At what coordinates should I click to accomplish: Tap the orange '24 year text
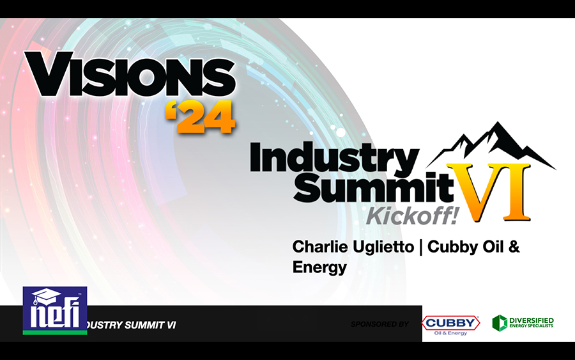(x=200, y=117)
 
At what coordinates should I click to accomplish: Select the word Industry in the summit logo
(x=334, y=159)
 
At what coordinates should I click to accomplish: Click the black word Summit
(x=374, y=187)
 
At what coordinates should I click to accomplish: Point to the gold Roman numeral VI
(x=489, y=192)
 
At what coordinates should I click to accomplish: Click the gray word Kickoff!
(x=413, y=215)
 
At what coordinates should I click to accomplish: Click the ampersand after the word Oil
(x=514, y=247)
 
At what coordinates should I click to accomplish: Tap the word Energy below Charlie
(x=319, y=267)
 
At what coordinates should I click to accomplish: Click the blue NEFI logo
(x=55, y=311)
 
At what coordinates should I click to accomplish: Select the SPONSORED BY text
(x=379, y=324)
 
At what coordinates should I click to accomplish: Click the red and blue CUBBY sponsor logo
(x=450, y=325)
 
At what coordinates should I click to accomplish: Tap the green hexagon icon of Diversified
(x=500, y=323)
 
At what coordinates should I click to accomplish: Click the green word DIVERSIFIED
(x=532, y=320)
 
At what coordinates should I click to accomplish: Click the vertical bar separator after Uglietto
(x=420, y=247)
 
